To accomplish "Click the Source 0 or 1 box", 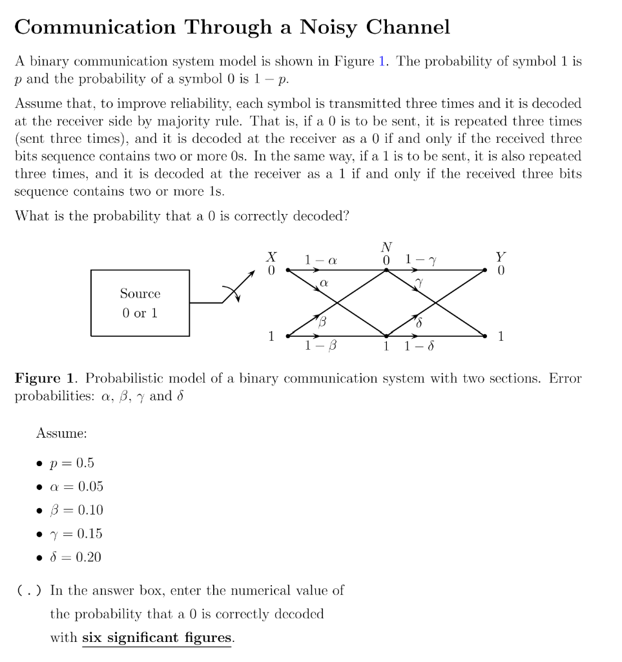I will [x=140, y=303].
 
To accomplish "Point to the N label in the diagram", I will [x=386, y=246].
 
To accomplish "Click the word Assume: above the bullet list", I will [x=61, y=433].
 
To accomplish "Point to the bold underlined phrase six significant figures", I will [x=156, y=638].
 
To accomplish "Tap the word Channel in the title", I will [x=408, y=27].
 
